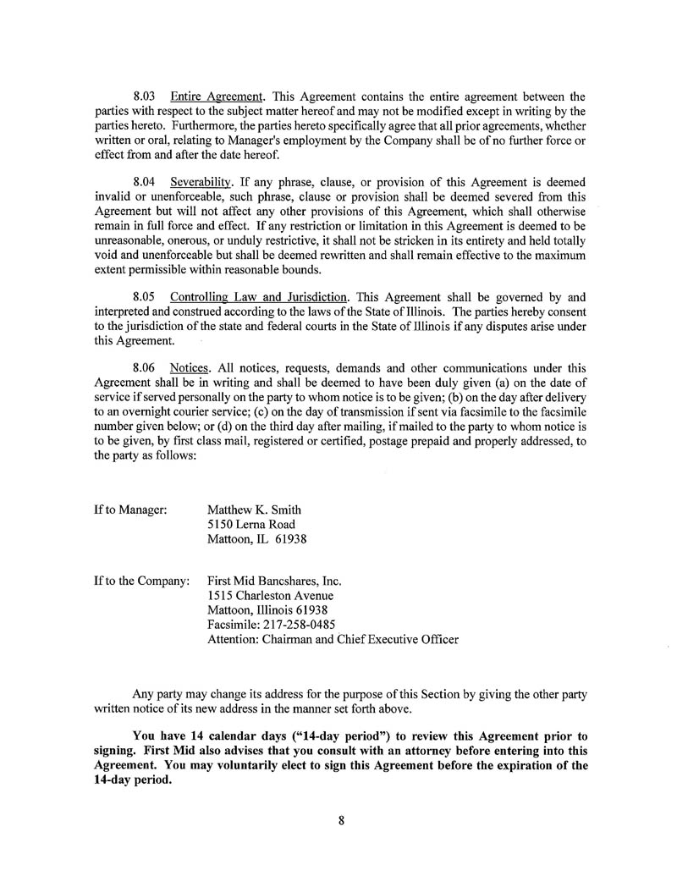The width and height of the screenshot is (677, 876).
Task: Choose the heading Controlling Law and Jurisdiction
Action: (259, 297)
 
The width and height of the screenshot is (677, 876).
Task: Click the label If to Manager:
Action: (130, 510)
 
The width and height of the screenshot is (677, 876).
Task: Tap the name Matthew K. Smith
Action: (254, 510)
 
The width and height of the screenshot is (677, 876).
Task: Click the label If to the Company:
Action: (141, 582)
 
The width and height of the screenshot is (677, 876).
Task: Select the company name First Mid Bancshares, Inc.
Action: (274, 582)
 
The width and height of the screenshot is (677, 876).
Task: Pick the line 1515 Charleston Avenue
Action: (264, 597)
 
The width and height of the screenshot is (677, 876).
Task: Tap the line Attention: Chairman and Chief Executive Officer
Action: (333, 640)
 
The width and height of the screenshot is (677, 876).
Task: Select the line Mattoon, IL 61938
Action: (256, 539)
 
